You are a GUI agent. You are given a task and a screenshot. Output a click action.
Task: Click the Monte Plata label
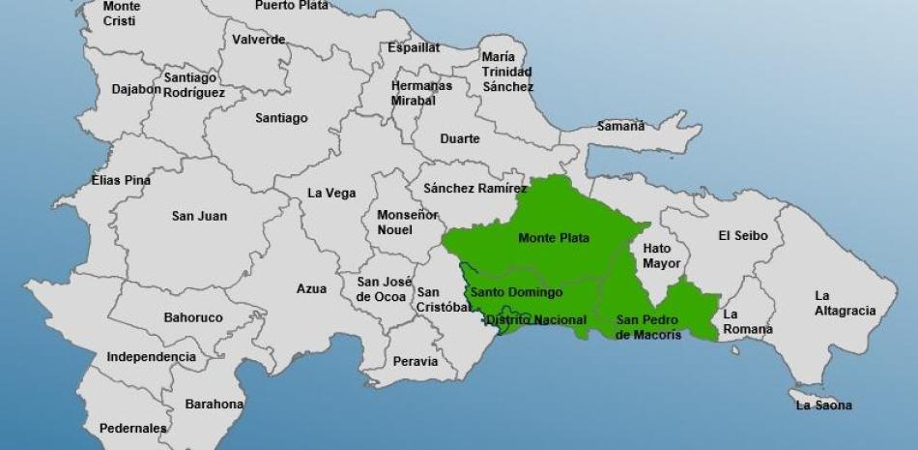[554, 238]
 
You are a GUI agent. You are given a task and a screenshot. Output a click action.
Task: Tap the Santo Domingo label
[516, 292]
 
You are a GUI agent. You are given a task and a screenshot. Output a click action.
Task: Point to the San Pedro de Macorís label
[648, 327]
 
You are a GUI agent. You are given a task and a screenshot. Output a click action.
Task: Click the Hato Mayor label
[662, 255]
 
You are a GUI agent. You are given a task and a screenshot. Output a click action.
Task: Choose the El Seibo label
[742, 235]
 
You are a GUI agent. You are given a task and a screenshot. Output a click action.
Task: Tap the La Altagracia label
[845, 303]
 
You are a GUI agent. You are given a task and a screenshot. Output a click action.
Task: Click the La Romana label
[747, 321]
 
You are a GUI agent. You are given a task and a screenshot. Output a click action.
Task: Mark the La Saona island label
[823, 405]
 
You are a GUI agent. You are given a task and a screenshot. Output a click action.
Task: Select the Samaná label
[620, 126]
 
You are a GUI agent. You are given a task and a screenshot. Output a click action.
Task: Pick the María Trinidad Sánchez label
[507, 72]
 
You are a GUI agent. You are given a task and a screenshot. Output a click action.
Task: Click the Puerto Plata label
[291, 5]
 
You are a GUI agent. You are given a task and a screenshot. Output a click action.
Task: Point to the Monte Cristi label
[121, 13]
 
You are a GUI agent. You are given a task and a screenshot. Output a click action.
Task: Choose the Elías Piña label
[121, 180]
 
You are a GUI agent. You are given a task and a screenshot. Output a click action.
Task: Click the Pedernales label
[132, 428]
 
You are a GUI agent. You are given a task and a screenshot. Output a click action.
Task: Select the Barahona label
[215, 404]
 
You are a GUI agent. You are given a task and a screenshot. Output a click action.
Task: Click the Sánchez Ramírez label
[474, 189]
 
